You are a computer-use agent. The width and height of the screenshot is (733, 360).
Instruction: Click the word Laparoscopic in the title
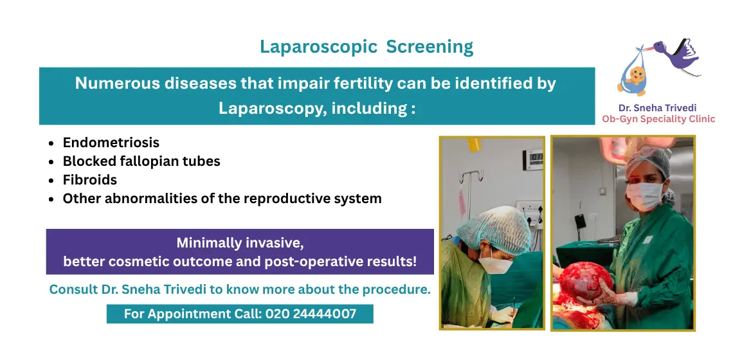click(318, 47)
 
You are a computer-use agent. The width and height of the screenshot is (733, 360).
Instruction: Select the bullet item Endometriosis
click(111, 142)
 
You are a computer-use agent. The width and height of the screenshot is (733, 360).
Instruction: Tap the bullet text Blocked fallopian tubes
click(141, 161)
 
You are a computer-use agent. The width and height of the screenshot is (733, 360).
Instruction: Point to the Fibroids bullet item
click(89, 179)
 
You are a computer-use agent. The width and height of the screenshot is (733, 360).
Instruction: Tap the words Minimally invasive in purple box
click(239, 243)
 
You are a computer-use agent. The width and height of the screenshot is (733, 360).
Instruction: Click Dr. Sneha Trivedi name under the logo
click(658, 108)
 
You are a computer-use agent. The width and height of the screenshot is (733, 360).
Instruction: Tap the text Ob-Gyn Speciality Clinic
click(658, 119)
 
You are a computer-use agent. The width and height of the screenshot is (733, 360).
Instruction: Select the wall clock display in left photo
click(534, 157)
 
